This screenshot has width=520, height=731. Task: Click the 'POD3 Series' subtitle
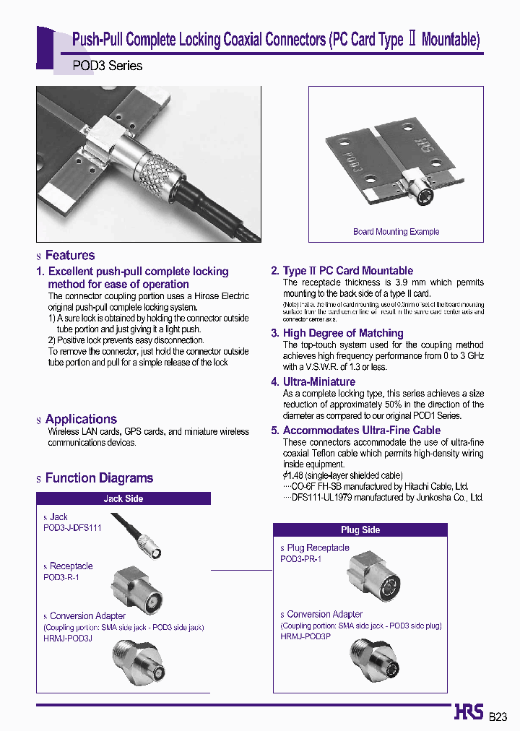click(108, 66)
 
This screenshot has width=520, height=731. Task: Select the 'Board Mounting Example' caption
click(396, 232)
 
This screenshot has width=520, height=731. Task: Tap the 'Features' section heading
click(69, 255)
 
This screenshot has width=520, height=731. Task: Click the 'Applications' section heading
click(80, 419)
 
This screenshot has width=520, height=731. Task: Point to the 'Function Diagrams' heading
click(99, 477)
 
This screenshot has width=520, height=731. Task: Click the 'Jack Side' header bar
click(123, 498)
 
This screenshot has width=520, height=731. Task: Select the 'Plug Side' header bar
click(360, 529)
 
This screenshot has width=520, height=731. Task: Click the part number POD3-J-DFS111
click(72, 528)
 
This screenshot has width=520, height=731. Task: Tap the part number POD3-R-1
click(61, 577)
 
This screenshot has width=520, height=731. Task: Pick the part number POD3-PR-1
click(300, 559)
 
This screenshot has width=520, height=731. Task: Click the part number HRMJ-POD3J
click(68, 638)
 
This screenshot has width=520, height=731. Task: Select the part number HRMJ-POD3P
click(305, 636)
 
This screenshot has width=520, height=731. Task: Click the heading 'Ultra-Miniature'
click(318, 381)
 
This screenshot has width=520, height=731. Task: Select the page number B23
click(498, 717)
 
